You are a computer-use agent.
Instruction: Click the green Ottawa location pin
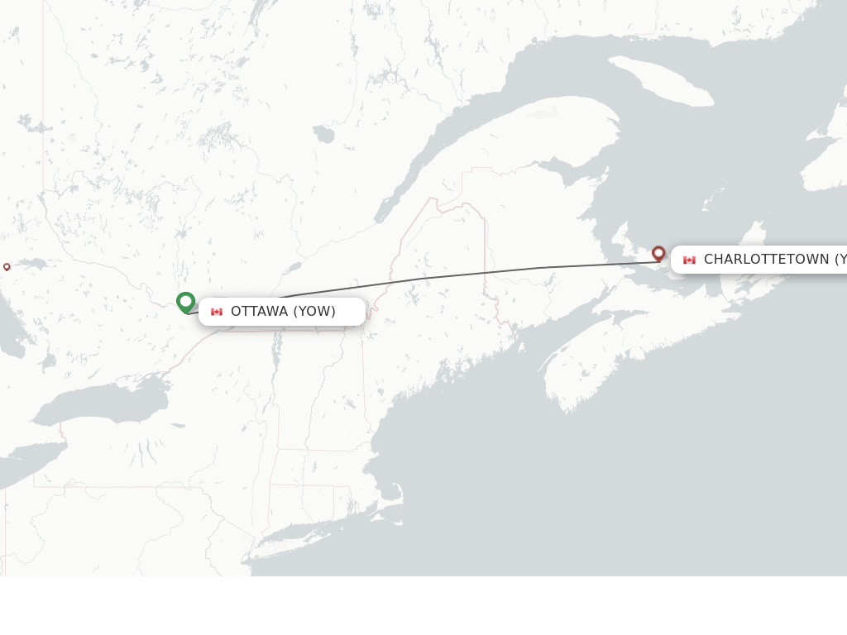pos(185,302)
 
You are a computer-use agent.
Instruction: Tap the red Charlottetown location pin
pos(658,253)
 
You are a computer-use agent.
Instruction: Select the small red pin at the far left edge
pos(7,266)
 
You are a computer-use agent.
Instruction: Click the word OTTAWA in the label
pos(259,312)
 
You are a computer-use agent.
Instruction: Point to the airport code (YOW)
pos(314,312)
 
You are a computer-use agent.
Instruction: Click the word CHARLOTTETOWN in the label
pos(766,260)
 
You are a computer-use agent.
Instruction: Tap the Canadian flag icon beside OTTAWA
pos(217,312)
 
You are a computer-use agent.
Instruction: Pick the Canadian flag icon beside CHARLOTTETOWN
pos(689,260)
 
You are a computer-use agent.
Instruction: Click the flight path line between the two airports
pos(463,274)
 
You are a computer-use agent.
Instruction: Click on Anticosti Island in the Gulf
pos(662,80)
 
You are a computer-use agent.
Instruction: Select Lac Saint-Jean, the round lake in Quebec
pos(323,134)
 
